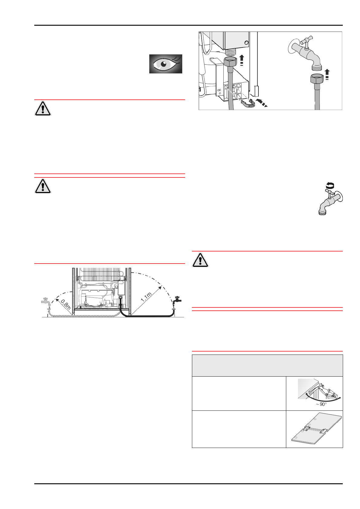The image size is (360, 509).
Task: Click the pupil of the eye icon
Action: click(164, 64)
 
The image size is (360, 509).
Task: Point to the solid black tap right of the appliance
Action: click(177, 300)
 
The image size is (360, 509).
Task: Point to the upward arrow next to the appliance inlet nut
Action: click(242, 60)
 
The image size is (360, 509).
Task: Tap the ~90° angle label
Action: click(321, 404)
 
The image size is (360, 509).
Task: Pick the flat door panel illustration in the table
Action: click(316, 430)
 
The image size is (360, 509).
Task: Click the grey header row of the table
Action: click(267, 365)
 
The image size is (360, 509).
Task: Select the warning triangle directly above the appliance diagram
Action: click(43, 186)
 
